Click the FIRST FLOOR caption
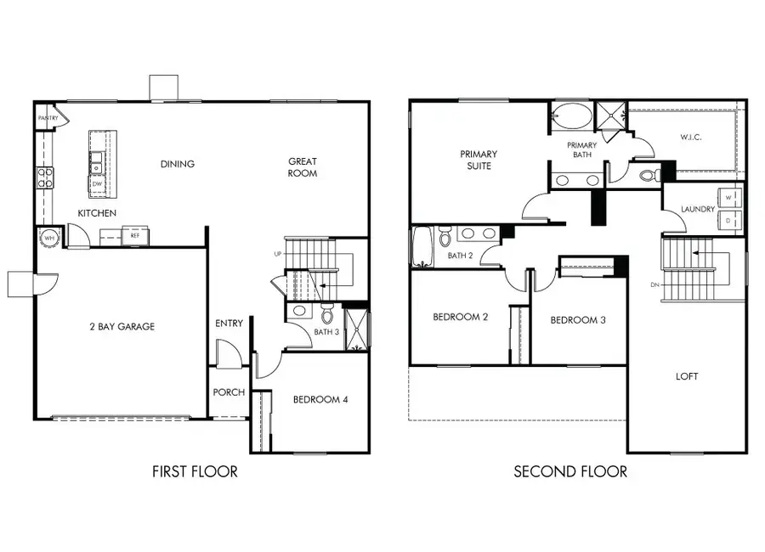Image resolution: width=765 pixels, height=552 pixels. [195, 471]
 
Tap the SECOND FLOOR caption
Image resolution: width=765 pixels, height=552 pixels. [570, 471]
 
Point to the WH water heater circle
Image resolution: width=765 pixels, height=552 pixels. [48, 239]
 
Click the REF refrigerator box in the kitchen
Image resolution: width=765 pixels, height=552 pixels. [135, 235]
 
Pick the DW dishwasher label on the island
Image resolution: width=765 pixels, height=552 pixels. [98, 183]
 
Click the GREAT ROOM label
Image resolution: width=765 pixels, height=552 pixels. [302, 167]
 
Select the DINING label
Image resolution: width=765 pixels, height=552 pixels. [177, 164]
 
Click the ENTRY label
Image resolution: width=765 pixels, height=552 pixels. [229, 324]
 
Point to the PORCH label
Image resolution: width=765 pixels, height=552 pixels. [229, 392]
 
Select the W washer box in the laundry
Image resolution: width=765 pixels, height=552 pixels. [730, 197]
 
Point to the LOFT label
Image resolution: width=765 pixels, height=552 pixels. [687, 376]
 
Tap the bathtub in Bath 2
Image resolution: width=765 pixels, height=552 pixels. [422, 246]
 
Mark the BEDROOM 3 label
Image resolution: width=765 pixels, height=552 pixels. [578, 320]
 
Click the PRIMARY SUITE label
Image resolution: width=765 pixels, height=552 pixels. [479, 160]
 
